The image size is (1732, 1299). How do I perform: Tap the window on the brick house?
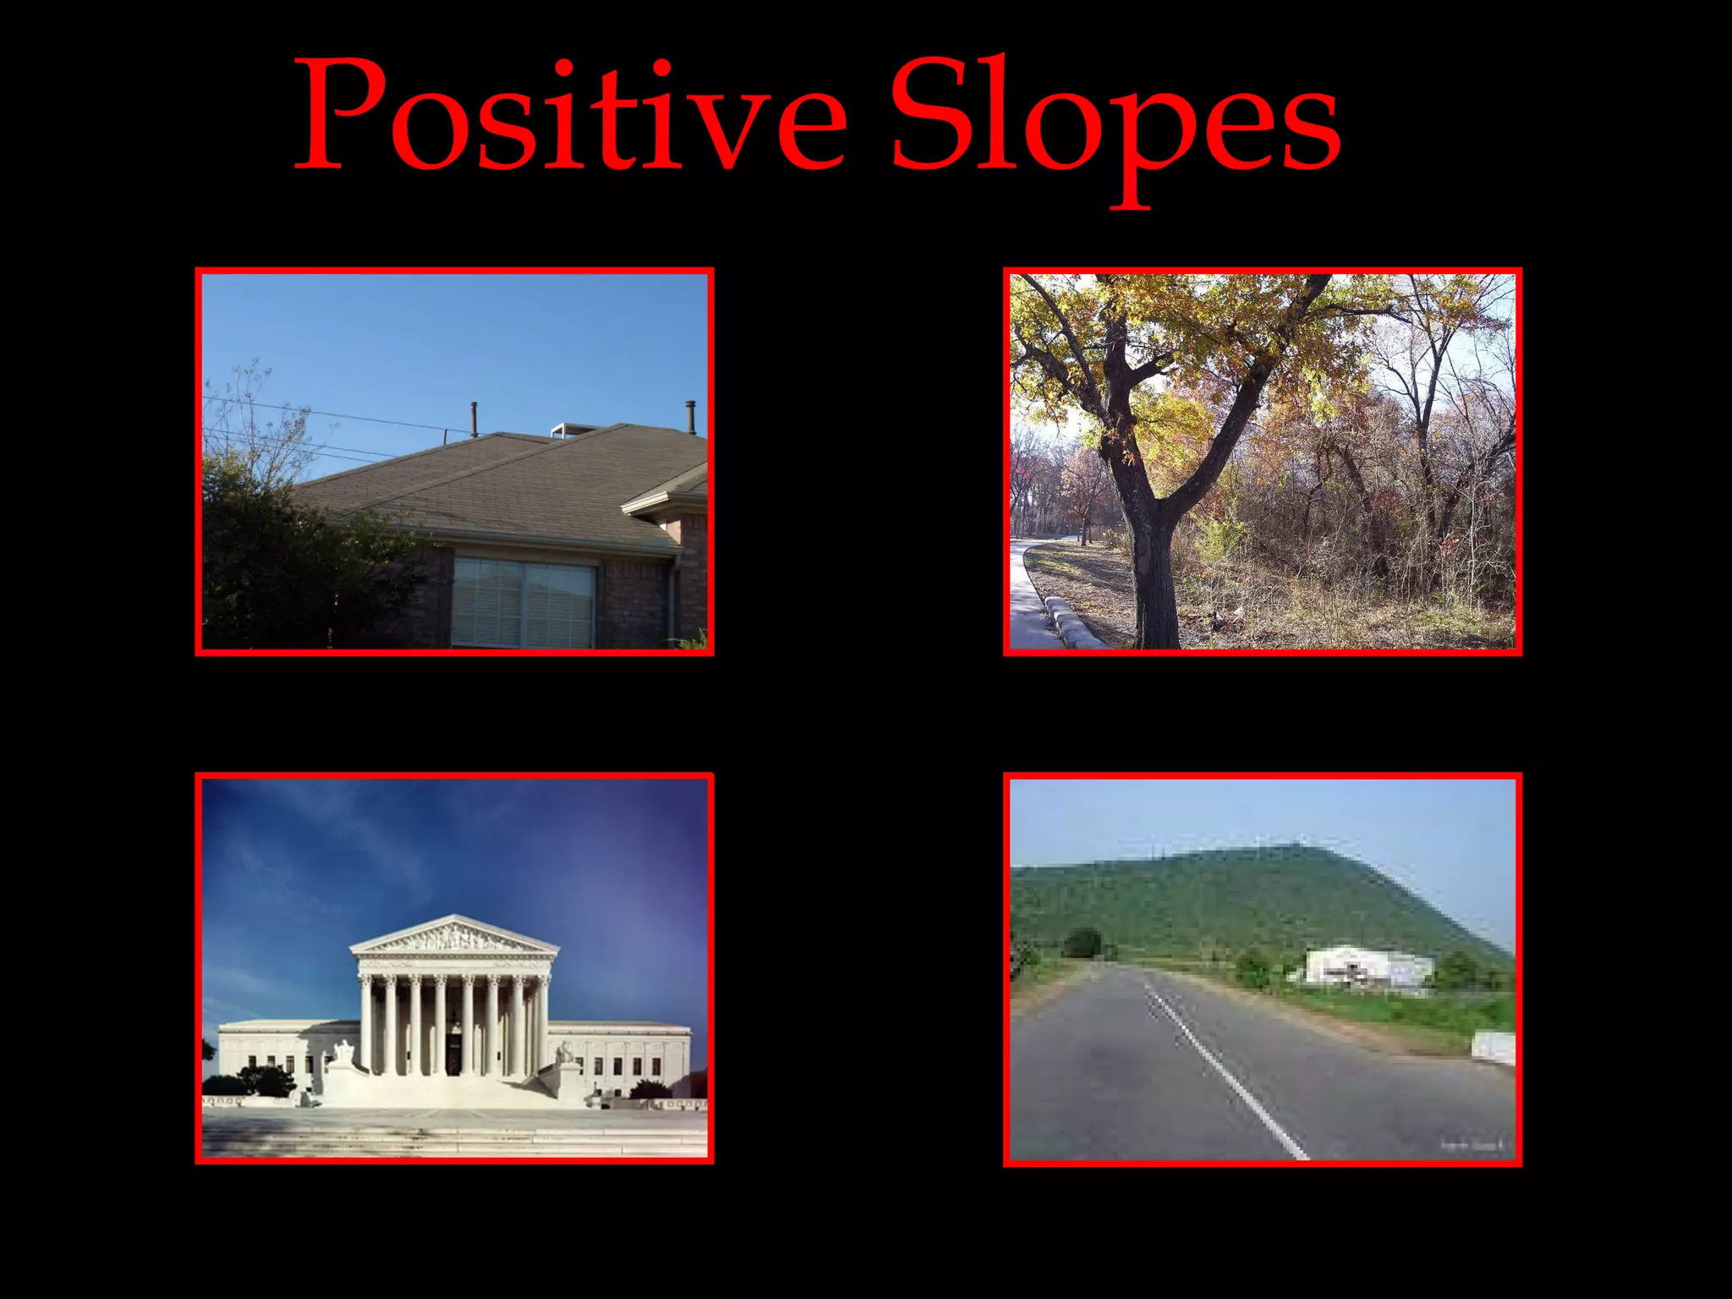click(x=524, y=602)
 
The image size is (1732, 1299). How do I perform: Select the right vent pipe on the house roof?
click(x=690, y=416)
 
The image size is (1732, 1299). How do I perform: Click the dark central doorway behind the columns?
click(x=454, y=1049)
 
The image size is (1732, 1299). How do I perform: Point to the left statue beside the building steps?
click(x=343, y=1052)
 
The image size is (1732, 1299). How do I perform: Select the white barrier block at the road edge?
click(x=1494, y=1047)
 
